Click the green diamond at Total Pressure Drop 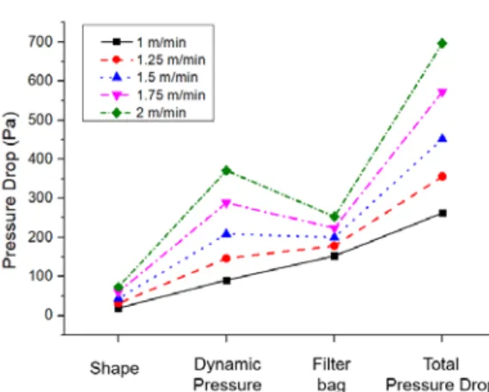coord(442,43)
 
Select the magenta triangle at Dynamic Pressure coord(226,204)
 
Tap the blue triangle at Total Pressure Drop coord(443,138)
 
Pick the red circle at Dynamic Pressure coord(226,258)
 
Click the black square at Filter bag coord(334,256)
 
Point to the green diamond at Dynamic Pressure coord(226,170)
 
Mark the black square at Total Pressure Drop coord(443,213)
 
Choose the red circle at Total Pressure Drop coord(442,177)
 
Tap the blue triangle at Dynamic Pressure coord(226,233)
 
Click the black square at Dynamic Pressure coord(227,280)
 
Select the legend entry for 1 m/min coord(144,42)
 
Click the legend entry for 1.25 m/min coord(153,59)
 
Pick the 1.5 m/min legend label coord(168,77)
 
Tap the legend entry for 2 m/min coord(144,113)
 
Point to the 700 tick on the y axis coord(41,41)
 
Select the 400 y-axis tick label coord(41,159)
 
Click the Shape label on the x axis coord(114,369)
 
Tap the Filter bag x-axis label coord(332,374)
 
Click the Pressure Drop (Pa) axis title coord(9,190)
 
